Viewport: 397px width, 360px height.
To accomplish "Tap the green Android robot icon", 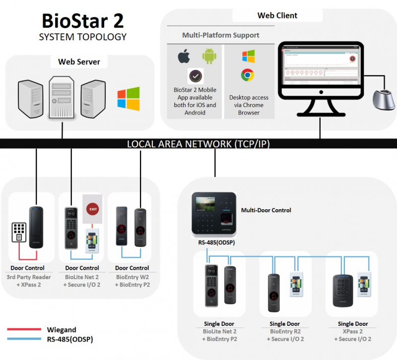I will [x=209, y=56].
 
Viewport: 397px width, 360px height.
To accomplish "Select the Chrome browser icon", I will [x=248, y=75].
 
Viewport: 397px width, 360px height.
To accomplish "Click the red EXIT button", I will [x=92, y=209].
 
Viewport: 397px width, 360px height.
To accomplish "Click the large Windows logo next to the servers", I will [x=129, y=98].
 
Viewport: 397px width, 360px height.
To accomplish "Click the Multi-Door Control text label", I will [x=266, y=210].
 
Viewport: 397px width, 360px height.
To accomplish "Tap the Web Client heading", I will [x=277, y=15].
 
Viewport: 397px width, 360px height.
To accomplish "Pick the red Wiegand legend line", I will [x=24, y=329].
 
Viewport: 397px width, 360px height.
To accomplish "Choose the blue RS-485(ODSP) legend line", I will [x=24, y=340].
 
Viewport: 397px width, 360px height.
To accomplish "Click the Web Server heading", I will [x=79, y=62].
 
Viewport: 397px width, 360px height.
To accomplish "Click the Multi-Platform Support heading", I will [x=220, y=35].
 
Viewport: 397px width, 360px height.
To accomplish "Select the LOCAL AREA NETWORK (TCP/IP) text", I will [x=198, y=144].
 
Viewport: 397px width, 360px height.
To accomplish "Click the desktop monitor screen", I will [x=321, y=65].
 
